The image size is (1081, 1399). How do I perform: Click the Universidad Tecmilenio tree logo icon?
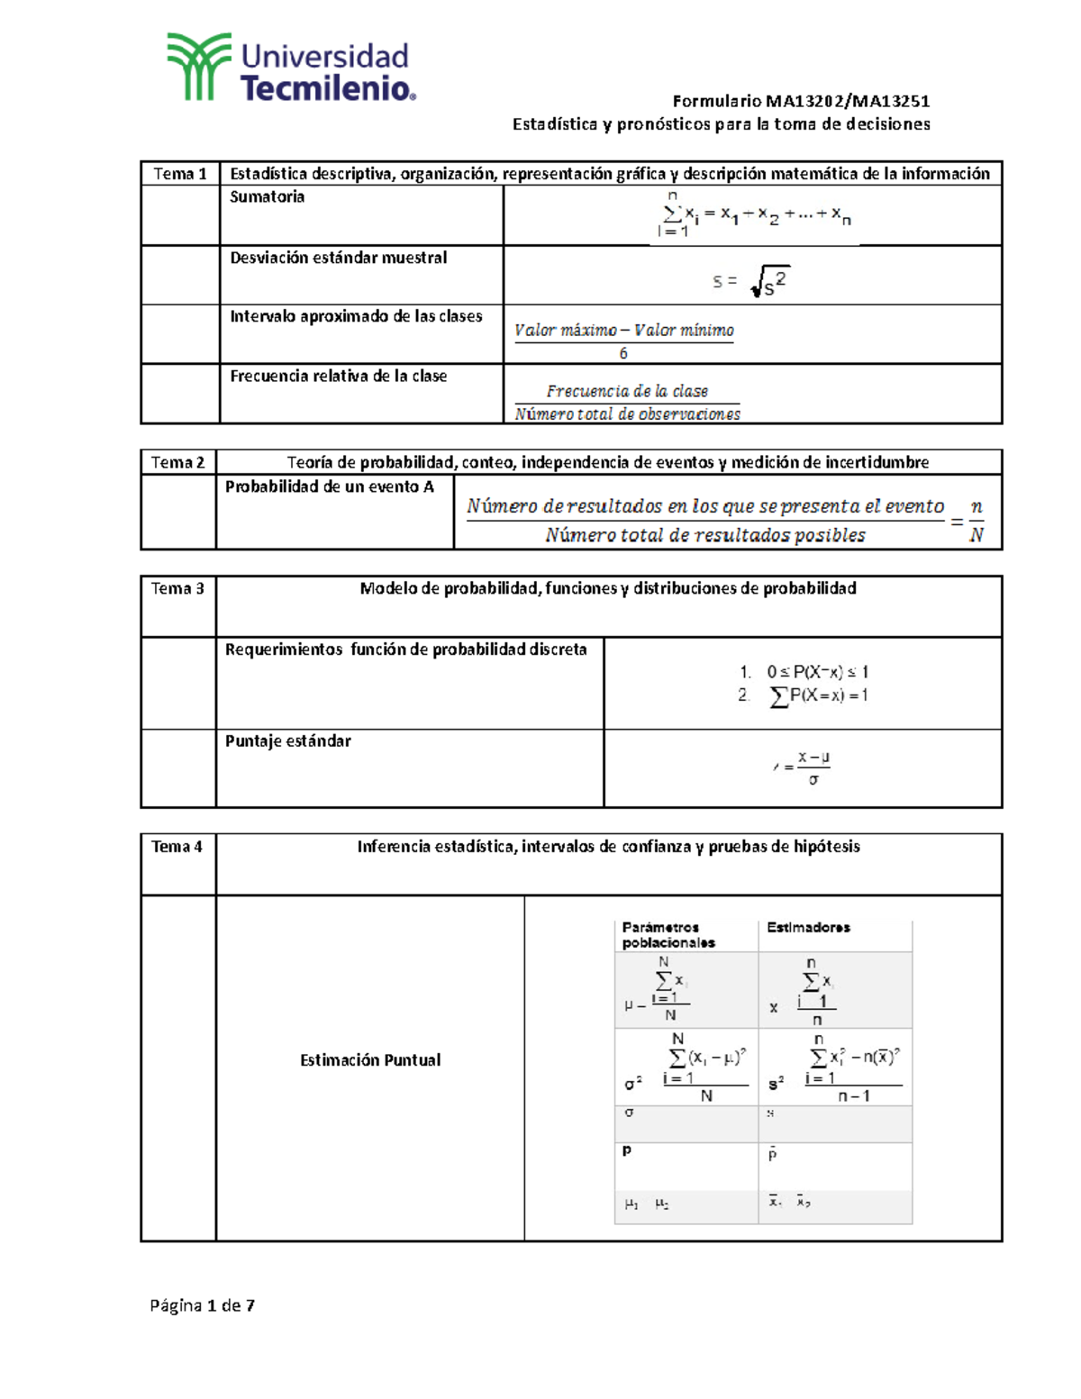[x=198, y=67]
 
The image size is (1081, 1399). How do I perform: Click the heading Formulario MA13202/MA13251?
[x=801, y=101]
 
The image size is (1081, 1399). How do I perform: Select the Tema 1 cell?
[x=180, y=174]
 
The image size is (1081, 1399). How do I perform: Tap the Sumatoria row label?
[x=267, y=197]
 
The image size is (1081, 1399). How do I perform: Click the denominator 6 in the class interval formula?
[x=623, y=354]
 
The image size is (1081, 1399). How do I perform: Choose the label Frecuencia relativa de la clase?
[x=338, y=377]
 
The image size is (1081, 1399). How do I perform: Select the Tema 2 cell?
[x=178, y=463]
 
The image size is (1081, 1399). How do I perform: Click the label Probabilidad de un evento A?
[x=329, y=487]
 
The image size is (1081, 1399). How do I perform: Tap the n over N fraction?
[x=976, y=521]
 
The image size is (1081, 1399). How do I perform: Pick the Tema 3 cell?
[x=178, y=589]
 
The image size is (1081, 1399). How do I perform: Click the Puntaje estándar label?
[x=287, y=741]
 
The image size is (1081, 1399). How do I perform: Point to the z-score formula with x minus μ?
[x=803, y=768]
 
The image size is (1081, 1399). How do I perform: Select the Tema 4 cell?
[x=177, y=847]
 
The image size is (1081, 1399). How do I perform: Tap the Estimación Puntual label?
[x=370, y=1060]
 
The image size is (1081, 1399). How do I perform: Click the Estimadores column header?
[x=808, y=928]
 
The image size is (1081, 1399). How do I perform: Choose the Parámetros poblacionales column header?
[x=668, y=935]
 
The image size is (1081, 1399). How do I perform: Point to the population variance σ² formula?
[x=686, y=1067]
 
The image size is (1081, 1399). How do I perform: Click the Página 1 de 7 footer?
[x=203, y=1305]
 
